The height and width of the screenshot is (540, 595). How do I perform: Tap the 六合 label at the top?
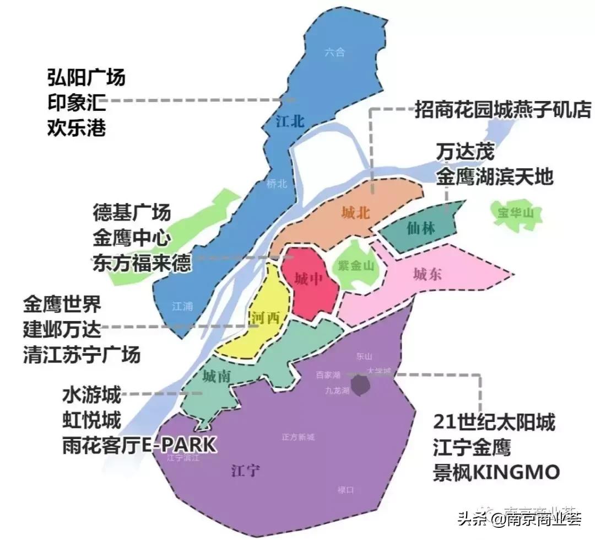point(334,53)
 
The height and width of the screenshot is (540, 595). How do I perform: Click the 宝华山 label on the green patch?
point(516,212)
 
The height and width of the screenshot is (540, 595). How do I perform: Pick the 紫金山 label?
point(356,266)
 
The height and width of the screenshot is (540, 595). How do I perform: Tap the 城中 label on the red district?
point(308,279)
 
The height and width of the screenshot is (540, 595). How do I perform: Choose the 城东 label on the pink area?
point(428,274)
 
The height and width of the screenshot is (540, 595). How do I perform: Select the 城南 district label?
point(216,377)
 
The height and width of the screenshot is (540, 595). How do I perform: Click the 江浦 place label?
point(182,306)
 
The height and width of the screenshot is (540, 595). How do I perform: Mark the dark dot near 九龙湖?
point(361,386)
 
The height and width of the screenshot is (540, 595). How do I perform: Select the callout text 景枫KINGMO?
point(496,472)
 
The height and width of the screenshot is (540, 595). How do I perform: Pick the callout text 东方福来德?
point(142,262)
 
